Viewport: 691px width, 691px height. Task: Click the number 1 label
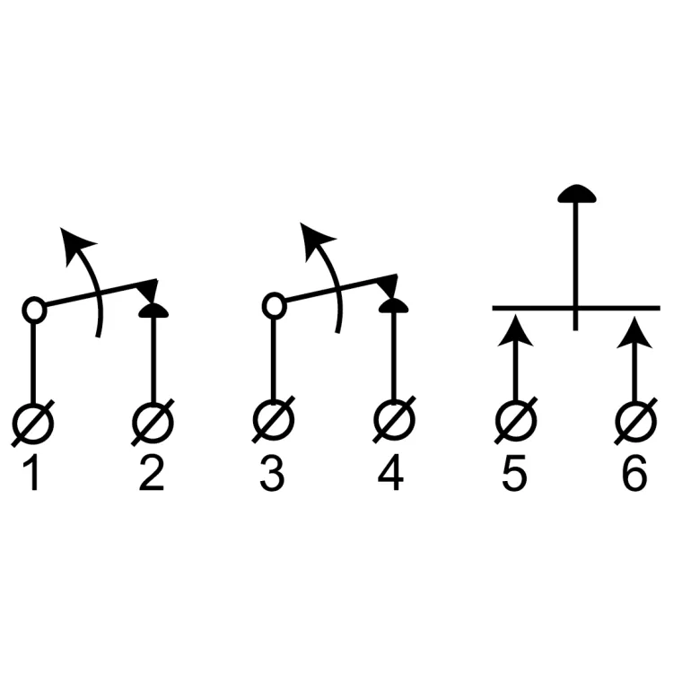tap(33, 475)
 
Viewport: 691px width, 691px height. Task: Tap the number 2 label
tap(153, 475)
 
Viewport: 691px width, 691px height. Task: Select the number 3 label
tap(272, 475)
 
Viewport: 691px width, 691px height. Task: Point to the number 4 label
tap(391, 475)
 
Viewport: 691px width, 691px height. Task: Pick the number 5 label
tap(514, 475)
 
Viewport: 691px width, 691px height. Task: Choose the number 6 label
tap(634, 475)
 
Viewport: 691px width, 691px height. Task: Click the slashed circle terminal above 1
tap(33, 422)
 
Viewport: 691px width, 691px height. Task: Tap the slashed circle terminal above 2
tap(153, 422)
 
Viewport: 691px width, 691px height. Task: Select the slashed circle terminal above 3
tap(273, 422)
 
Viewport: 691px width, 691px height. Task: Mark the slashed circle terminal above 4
tap(393, 422)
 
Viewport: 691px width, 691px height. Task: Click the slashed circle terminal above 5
tap(515, 422)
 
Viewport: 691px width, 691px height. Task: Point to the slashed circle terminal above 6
tap(635, 422)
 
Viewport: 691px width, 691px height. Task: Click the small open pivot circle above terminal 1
tap(33, 311)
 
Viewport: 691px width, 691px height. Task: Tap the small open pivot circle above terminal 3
tap(273, 306)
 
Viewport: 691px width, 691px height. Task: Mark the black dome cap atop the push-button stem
tap(576, 194)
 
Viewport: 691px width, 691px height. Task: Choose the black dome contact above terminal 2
tap(153, 311)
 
